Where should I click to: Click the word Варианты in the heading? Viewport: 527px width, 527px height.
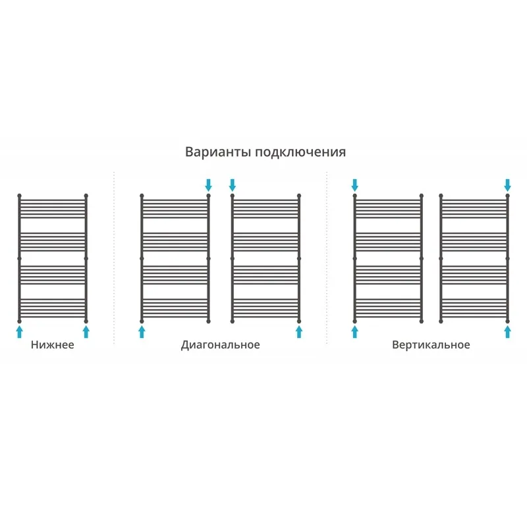(218, 152)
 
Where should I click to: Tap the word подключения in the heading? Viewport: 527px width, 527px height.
(300, 153)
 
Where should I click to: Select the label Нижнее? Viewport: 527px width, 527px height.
(53, 345)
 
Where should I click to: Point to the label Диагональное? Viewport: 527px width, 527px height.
(221, 345)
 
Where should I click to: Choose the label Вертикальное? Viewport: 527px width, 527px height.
(431, 345)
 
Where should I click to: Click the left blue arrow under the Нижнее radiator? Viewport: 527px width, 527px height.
(20, 332)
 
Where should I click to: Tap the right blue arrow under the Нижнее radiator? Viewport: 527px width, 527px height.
(86, 332)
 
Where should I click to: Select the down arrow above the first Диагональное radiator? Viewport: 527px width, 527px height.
(208, 185)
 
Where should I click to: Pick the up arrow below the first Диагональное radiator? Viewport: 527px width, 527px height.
(142, 332)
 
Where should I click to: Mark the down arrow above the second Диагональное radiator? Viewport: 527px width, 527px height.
(233, 185)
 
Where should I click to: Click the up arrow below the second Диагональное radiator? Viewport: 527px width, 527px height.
(299, 332)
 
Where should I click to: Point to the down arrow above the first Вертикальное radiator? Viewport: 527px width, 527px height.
(354, 185)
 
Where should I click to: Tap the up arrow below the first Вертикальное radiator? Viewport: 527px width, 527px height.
(354, 332)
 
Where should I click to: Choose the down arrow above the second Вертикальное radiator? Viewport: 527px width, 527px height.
(507, 185)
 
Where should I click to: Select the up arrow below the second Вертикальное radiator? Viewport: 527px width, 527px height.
(507, 332)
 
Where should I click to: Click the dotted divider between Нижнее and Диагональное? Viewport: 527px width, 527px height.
(114, 258)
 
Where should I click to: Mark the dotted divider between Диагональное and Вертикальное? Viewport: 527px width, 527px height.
(327, 258)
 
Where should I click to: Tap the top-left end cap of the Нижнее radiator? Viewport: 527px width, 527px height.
(20, 196)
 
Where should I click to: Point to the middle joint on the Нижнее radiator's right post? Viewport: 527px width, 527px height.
(86, 258)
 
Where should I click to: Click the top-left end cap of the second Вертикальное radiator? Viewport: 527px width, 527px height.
(441, 196)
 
